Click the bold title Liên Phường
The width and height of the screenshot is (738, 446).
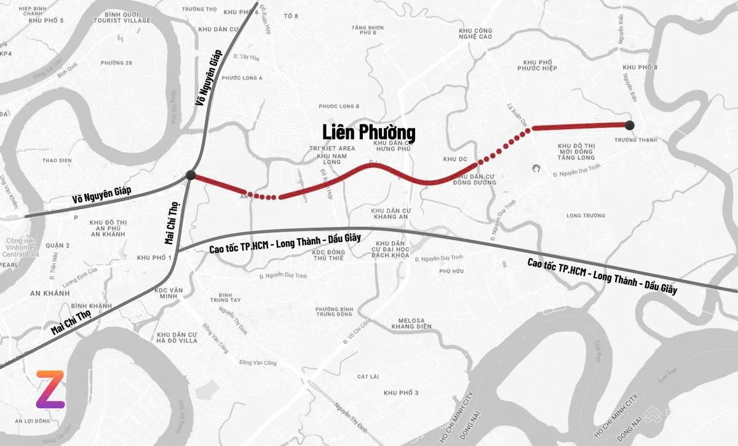[x=369, y=132]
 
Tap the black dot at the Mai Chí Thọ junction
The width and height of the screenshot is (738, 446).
[x=191, y=176]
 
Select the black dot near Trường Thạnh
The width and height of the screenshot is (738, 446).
[x=630, y=125]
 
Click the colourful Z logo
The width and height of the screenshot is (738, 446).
[x=50, y=390]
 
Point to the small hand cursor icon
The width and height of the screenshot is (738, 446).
[x=536, y=167]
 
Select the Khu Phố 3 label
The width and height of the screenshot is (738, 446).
[x=400, y=392]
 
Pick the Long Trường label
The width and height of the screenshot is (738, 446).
[x=585, y=215]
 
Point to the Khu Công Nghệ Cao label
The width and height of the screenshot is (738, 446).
[x=475, y=33]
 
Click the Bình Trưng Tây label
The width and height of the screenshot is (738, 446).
[x=220, y=298]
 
